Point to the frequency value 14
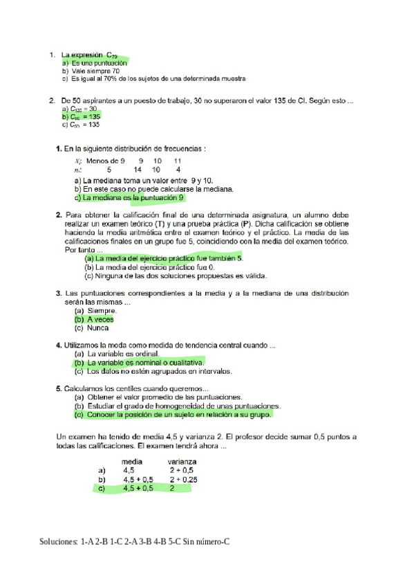point(138,169)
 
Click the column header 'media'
point(132,460)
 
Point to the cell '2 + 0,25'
point(184,478)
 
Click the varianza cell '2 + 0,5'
point(182,469)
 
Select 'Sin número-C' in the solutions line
point(205,540)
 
